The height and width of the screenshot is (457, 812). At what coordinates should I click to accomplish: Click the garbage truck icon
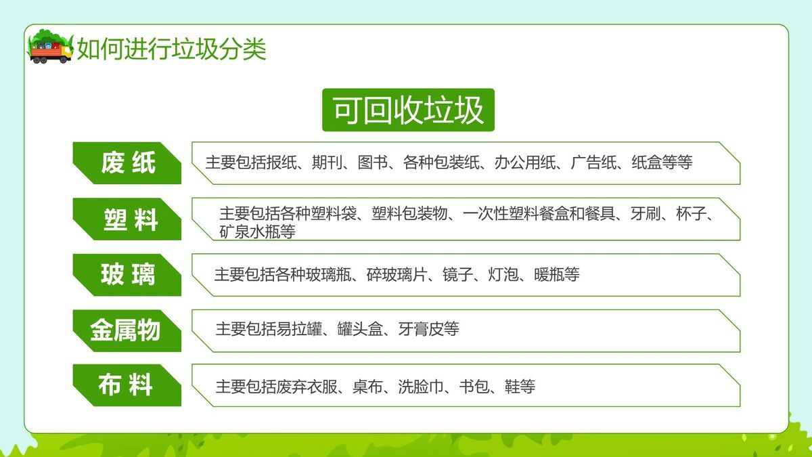(50, 47)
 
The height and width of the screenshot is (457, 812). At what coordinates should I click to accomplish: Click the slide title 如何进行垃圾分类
(171, 49)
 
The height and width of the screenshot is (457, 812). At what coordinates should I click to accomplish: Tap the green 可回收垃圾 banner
(408, 110)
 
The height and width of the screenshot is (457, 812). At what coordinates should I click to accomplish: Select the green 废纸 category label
(128, 163)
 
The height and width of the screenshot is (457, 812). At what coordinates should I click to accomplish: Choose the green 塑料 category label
(130, 219)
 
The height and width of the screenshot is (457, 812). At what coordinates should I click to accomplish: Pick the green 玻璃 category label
(128, 275)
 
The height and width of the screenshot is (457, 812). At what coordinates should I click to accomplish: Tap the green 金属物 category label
(125, 330)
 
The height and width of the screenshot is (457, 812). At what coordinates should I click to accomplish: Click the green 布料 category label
(126, 385)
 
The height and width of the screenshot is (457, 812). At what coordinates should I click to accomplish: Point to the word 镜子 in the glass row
(457, 275)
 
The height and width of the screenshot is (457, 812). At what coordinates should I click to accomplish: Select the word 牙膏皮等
(429, 330)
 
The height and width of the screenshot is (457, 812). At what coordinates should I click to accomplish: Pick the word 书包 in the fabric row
(474, 387)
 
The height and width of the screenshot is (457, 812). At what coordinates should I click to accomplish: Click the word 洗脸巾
(420, 387)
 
